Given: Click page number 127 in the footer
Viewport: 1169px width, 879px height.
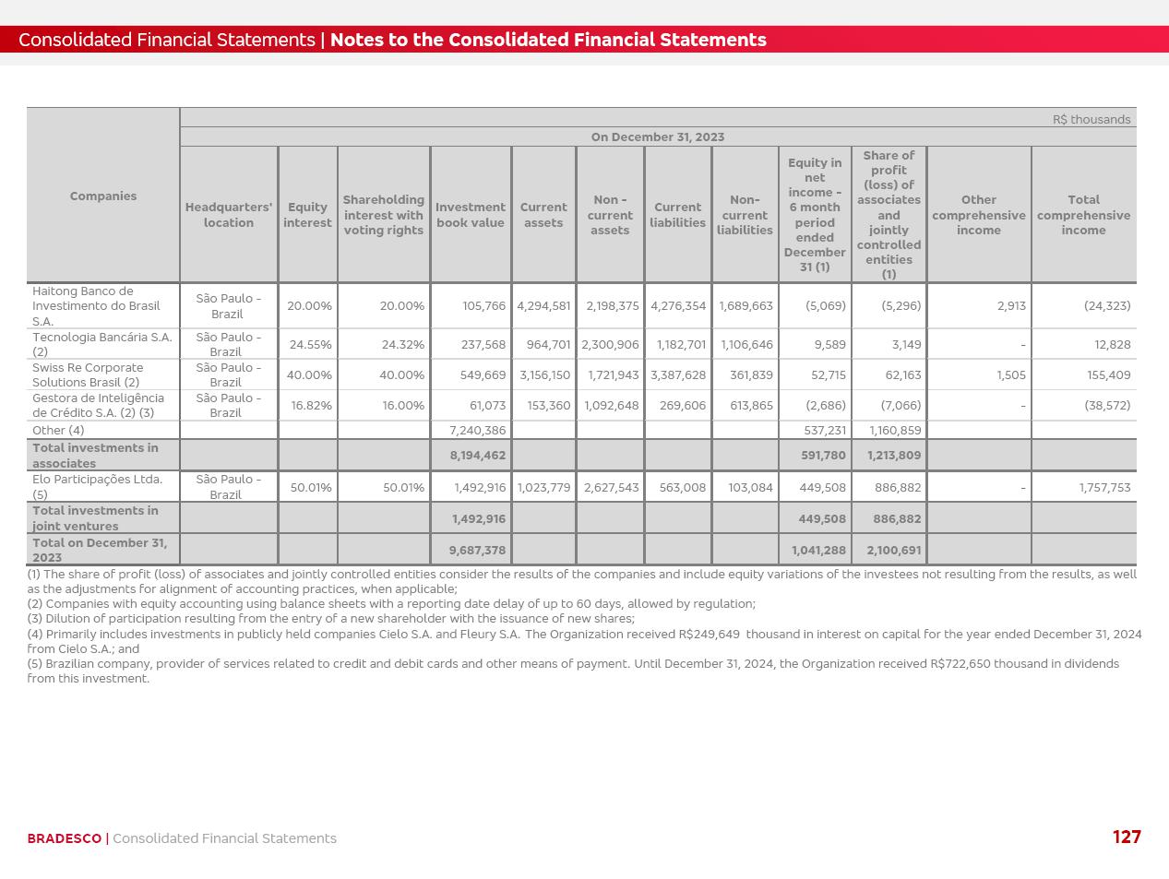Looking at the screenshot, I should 1127,837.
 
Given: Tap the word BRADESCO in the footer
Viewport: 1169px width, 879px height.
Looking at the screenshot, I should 64,838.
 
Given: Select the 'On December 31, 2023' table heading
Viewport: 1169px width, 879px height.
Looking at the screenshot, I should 657,137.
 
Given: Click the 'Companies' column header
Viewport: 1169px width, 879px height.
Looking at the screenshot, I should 102,196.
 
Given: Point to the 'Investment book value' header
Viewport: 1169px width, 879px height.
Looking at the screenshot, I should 470,215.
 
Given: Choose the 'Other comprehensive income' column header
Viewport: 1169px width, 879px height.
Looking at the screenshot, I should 978,215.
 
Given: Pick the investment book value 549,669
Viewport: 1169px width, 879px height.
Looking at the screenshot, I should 483,374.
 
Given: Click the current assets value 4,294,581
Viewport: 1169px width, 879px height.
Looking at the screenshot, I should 543,305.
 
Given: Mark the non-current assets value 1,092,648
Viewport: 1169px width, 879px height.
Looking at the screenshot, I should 611,405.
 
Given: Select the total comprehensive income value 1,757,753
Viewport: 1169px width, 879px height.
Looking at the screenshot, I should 1104,487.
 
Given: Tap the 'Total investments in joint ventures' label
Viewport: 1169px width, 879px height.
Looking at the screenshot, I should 95,518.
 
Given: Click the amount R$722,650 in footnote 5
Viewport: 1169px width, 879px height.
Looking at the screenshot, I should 960,663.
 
